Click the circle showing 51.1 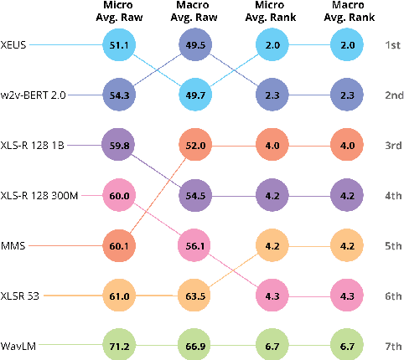(x=118, y=44)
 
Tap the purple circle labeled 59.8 (x=118, y=144)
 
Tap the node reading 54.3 (x=118, y=94)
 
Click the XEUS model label (x=14, y=44)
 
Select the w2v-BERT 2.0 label (x=33, y=94)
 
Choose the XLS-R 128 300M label (x=38, y=194)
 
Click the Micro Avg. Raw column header (x=118, y=13)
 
